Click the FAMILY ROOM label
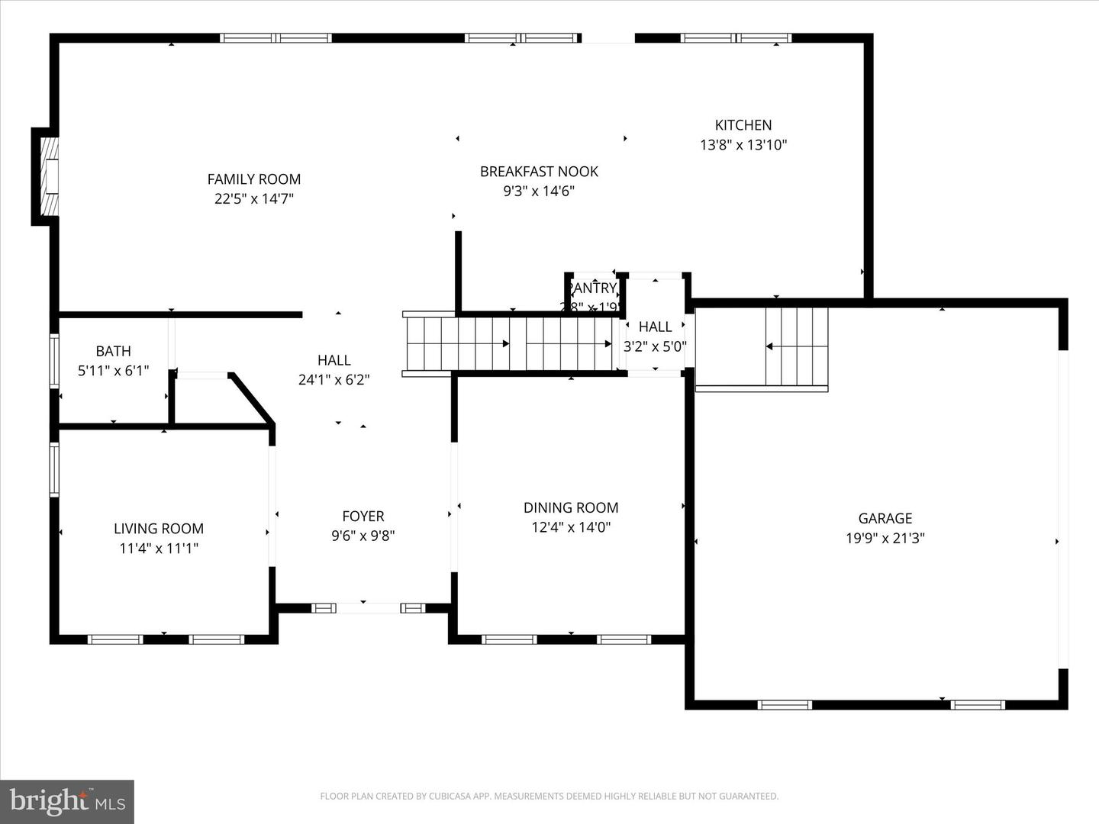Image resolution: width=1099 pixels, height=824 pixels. (254, 179)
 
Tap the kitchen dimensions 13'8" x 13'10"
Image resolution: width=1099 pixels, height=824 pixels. (743, 145)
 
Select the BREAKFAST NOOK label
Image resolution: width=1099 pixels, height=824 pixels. (539, 172)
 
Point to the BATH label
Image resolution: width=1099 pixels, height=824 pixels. (113, 351)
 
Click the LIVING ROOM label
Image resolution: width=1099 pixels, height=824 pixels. (159, 529)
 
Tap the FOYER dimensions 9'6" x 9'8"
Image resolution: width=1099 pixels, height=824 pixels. (363, 536)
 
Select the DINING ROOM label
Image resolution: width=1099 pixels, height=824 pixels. (571, 507)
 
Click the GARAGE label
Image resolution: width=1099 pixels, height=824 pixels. (885, 518)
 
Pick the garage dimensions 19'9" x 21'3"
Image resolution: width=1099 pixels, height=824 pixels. (885, 538)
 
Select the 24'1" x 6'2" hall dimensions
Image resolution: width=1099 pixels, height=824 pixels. (334, 379)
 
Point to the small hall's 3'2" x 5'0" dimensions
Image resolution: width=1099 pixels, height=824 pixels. (655, 346)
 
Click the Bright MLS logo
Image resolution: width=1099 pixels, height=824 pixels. (67, 801)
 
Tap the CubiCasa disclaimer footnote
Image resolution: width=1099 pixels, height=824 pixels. (549, 797)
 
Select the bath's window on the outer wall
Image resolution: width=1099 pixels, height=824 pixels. (54, 361)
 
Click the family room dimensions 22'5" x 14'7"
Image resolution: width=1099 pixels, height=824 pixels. (254, 199)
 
